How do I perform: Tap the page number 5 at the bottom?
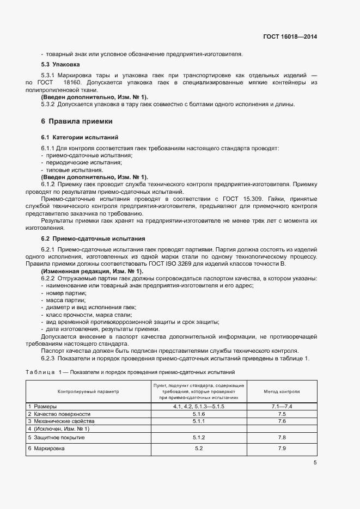[315, 463]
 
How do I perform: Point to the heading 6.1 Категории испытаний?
[80, 137]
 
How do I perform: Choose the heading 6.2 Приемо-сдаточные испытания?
[93, 239]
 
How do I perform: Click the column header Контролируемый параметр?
[88, 391]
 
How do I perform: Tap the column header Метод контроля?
[282, 391]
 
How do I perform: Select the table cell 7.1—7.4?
[282, 407]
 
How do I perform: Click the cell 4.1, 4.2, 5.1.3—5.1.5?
[198, 407]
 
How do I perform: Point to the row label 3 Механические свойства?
[62, 421]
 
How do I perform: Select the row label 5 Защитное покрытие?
[56, 438]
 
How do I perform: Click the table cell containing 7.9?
[282, 448]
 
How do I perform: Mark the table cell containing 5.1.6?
[198, 414]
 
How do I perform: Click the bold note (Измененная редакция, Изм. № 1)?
[92, 271]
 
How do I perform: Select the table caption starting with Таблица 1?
[130, 372]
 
